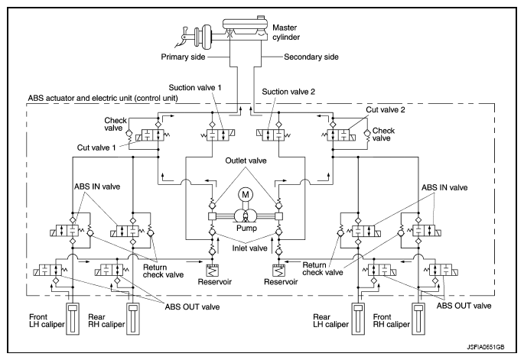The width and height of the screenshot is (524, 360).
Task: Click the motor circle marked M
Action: click(x=246, y=195)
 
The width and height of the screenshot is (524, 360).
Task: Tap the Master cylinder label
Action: click(x=286, y=32)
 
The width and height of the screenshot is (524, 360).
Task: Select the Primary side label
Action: click(x=183, y=57)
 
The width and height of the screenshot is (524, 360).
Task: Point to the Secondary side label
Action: click(x=311, y=57)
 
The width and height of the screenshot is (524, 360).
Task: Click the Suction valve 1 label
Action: click(x=195, y=87)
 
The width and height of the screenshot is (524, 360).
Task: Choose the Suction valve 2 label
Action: click(x=288, y=92)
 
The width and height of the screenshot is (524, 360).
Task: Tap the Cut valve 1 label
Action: click(x=96, y=148)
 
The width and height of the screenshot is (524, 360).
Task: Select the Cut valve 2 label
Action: click(x=386, y=109)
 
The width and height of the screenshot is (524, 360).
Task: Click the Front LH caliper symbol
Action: click(x=73, y=319)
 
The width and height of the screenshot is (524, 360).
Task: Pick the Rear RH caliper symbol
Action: click(x=132, y=319)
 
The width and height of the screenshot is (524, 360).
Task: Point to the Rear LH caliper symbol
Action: click(x=358, y=319)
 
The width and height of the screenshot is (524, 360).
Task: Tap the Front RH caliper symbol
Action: click(x=418, y=319)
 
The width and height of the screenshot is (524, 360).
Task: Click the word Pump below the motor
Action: click(x=246, y=229)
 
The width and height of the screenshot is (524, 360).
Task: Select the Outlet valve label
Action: click(x=246, y=161)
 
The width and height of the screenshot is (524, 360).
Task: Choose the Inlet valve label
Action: click(x=249, y=248)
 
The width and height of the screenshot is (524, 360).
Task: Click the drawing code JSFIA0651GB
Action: click(x=486, y=347)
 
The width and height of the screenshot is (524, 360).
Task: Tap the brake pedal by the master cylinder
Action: click(x=182, y=37)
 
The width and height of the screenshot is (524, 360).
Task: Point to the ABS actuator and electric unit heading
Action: click(x=103, y=98)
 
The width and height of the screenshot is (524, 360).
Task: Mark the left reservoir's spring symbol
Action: click(x=212, y=271)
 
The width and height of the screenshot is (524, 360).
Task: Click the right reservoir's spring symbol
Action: click(x=278, y=271)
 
